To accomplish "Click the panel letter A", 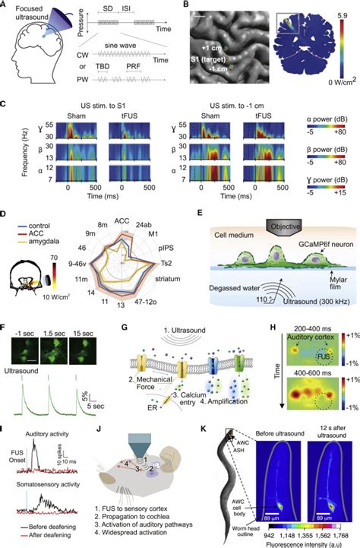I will pyautogui.click(x=6, y=6).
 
